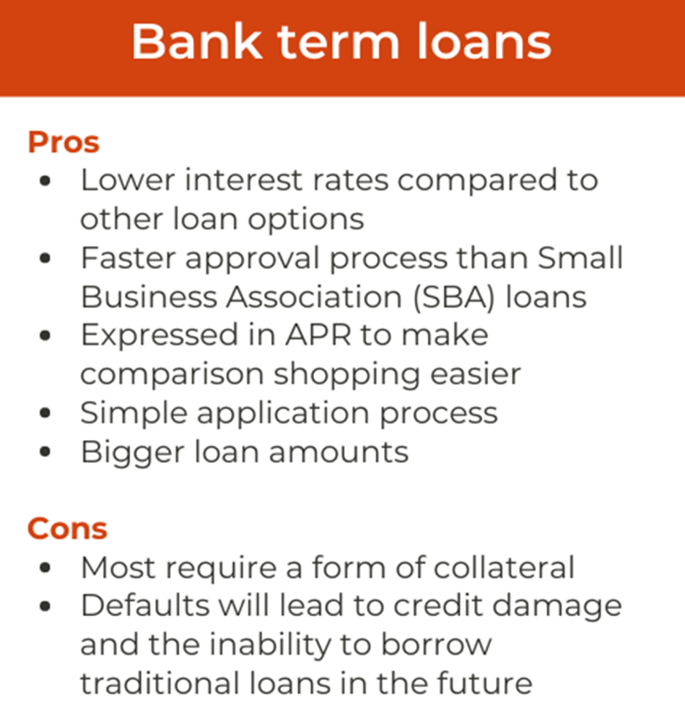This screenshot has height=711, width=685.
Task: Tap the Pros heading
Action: (x=64, y=142)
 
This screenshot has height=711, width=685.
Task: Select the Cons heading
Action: (x=67, y=529)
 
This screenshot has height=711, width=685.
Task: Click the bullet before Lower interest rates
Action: (x=45, y=181)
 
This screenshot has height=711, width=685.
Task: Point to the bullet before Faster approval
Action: (x=45, y=258)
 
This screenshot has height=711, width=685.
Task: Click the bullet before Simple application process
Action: (x=45, y=413)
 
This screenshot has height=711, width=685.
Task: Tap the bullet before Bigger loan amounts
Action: (x=45, y=452)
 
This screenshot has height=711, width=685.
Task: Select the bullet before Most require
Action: (x=45, y=568)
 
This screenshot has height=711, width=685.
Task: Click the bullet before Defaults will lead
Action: (x=45, y=607)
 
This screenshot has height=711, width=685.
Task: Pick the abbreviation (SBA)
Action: (x=454, y=297)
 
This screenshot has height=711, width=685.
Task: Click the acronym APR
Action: (x=318, y=335)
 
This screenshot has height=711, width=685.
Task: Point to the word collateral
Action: (x=504, y=567)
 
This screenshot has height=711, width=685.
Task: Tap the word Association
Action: (x=314, y=297)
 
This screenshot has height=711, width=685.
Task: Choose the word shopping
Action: (x=347, y=376)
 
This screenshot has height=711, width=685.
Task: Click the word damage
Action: (x=557, y=607)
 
